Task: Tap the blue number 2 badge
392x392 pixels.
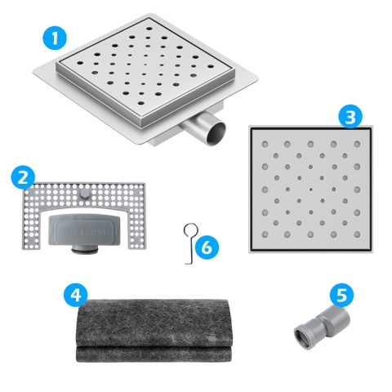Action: [x=24, y=177]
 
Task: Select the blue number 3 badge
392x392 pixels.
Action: [x=351, y=117]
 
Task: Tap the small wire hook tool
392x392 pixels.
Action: [x=188, y=240]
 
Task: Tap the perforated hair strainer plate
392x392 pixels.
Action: [x=33, y=220]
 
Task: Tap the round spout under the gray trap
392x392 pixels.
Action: [x=84, y=254]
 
